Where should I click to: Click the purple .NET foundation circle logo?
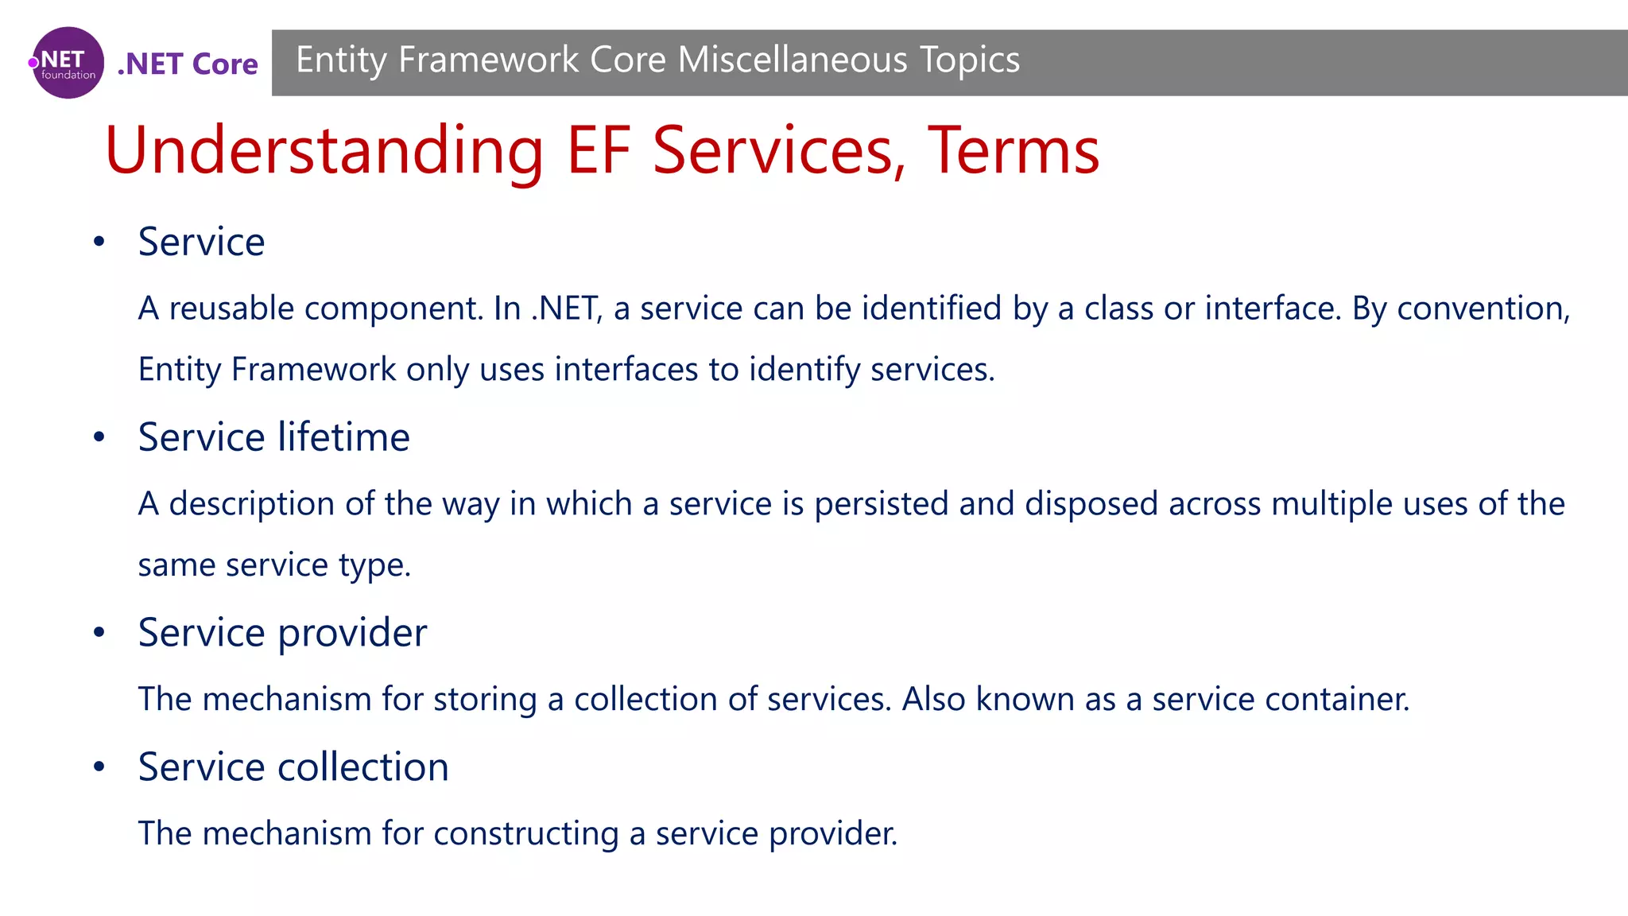68,63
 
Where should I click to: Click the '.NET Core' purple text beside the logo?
188,64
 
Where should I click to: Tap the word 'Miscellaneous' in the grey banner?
793,60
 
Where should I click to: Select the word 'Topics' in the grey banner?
970,60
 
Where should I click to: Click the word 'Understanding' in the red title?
324,151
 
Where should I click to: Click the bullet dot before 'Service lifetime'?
99,437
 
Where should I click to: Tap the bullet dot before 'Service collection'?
99,767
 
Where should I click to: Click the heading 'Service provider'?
282,633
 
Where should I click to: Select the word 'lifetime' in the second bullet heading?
343,437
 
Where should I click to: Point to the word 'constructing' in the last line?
525,834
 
